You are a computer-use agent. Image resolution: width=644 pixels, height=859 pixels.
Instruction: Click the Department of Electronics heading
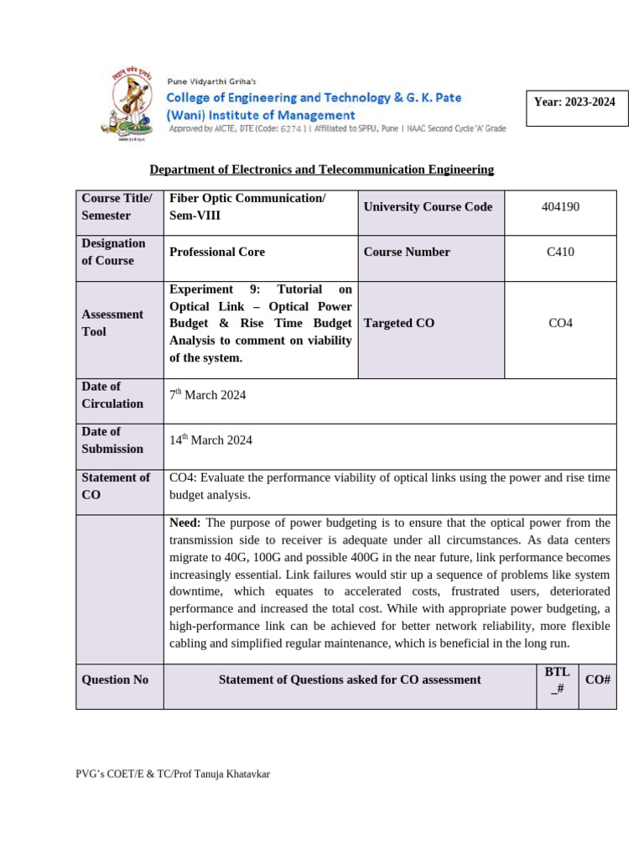pyautogui.click(x=321, y=169)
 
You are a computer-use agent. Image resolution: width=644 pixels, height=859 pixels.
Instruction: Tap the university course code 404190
pyautogui.click(x=560, y=206)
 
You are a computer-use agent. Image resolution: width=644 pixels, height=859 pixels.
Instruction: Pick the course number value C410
pyautogui.click(x=560, y=252)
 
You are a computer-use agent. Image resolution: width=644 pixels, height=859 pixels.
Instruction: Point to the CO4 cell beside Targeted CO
pyautogui.click(x=560, y=323)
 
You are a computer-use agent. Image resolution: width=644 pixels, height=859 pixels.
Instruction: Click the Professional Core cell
pyautogui.click(x=217, y=252)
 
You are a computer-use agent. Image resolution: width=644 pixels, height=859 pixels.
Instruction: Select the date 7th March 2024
pyautogui.click(x=208, y=395)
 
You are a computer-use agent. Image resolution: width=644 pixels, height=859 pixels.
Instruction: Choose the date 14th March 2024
pyautogui.click(x=210, y=440)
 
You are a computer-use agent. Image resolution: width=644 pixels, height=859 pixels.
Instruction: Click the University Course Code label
pyautogui.click(x=428, y=206)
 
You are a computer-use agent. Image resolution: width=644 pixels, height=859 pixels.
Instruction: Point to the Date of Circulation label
pyautogui.click(x=112, y=395)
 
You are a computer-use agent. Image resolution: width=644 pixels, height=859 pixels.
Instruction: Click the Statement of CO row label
pyautogui.click(x=116, y=486)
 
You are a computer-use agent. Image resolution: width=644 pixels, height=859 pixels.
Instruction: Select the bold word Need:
pyautogui.click(x=185, y=523)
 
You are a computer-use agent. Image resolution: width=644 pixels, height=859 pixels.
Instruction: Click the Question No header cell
pyautogui.click(x=115, y=679)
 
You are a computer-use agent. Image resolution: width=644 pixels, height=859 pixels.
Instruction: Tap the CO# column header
pyautogui.click(x=597, y=679)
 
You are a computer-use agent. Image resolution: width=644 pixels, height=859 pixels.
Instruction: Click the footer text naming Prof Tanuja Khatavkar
pyautogui.click(x=173, y=773)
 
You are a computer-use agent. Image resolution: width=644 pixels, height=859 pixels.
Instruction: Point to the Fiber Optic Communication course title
pyautogui.click(x=247, y=198)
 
